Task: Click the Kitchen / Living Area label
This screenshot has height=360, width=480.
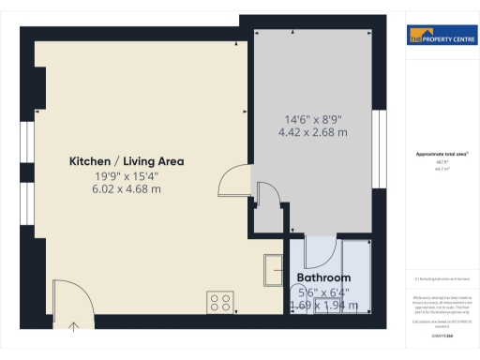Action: [127, 161]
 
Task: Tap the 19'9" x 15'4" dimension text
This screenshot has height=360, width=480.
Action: [127, 175]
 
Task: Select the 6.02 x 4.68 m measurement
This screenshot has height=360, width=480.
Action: [127, 189]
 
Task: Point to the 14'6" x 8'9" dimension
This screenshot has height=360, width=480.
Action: [314, 119]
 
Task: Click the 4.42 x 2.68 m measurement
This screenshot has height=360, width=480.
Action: [314, 133]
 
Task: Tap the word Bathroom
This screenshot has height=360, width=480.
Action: [323, 278]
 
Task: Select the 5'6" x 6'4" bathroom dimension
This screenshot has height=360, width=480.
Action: [323, 292]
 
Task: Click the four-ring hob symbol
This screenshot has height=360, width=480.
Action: [221, 302]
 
